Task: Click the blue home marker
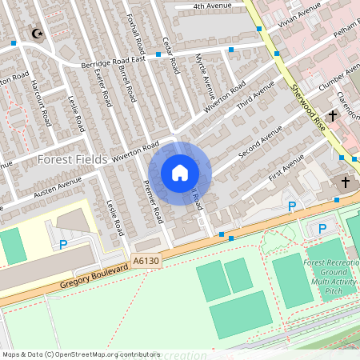(180, 173)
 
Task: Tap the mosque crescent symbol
(35, 34)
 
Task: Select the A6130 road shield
(146, 262)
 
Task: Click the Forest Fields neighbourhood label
(72, 160)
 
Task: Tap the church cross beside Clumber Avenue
(332, 114)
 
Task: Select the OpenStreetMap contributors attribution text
(81, 354)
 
